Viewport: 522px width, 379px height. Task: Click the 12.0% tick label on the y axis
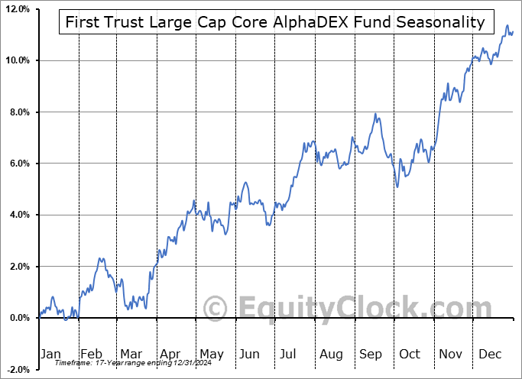pos(16,9)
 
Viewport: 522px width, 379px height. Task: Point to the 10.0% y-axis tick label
pos(16,60)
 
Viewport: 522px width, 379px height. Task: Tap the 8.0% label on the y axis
pos(18,112)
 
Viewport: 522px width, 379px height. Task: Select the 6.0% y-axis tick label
pos(18,164)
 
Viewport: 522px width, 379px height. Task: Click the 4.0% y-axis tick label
pos(18,215)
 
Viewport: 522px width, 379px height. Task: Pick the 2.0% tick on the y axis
pos(18,267)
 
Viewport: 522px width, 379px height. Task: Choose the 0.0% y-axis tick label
pos(18,318)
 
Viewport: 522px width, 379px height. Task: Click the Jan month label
pos(50,355)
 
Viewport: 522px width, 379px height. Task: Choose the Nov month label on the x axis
pos(450,355)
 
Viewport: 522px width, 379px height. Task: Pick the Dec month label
pos(489,355)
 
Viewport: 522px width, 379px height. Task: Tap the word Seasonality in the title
pos(440,22)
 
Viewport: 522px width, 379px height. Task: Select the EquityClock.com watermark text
pos(355,309)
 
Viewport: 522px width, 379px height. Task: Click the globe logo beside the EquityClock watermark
pos(216,309)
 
